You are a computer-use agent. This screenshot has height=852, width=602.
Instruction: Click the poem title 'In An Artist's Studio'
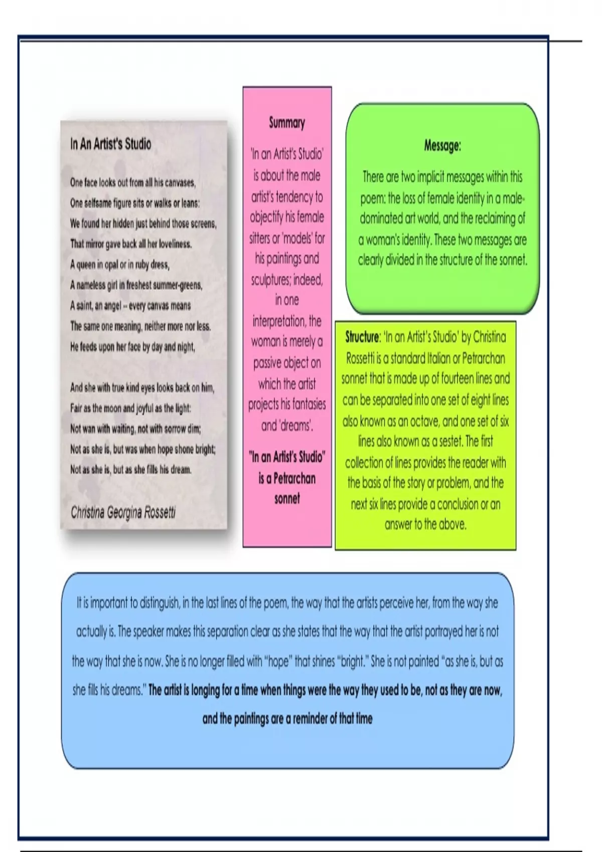tap(110, 144)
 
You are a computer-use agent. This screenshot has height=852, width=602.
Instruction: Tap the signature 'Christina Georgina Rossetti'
tap(123, 512)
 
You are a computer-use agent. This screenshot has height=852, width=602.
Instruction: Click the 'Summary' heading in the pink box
tap(287, 123)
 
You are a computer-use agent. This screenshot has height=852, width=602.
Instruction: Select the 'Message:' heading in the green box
tap(442, 146)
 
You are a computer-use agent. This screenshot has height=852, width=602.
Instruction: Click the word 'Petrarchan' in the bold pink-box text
tap(294, 478)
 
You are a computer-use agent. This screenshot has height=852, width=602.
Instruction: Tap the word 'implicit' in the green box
tap(429, 177)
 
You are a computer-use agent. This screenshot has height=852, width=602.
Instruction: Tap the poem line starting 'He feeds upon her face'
tap(132, 347)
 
